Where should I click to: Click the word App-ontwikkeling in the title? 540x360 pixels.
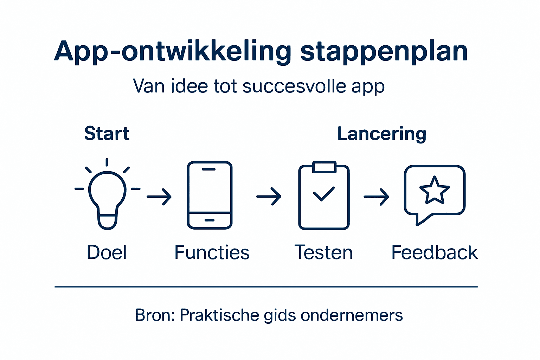(x=172, y=52)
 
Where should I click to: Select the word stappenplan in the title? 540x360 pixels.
(x=384, y=52)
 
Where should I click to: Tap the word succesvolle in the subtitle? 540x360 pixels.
(x=294, y=86)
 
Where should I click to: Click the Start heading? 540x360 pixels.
(x=107, y=134)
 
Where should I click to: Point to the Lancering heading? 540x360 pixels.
(x=382, y=134)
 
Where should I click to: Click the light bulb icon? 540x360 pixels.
(x=107, y=197)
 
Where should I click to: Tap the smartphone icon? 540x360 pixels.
(x=210, y=195)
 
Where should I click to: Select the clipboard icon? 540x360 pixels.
(x=324, y=197)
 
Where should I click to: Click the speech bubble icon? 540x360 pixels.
(x=435, y=193)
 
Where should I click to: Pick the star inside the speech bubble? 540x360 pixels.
(x=435, y=190)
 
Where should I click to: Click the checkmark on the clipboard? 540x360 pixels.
(x=324, y=194)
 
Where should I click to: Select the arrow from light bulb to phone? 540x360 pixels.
(x=159, y=197)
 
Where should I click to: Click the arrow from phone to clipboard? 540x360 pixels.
(x=269, y=197)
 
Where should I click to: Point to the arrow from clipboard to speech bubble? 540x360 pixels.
(x=377, y=197)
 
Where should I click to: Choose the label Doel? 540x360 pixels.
(x=107, y=252)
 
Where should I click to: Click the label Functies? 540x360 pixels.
(x=212, y=252)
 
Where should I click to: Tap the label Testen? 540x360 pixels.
(x=323, y=252)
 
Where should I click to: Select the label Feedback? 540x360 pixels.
(x=435, y=252)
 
